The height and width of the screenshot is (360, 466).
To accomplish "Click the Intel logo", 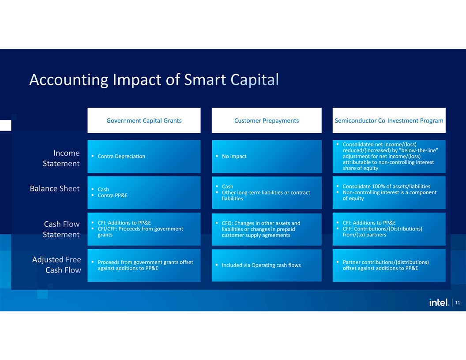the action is (x=439, y=302).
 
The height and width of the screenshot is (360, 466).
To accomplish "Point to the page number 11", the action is (x=457, y=303).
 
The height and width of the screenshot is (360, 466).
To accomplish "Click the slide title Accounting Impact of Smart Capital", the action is (x=154, y=79).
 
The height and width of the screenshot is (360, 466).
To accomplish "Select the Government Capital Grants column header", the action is (x=144, y=120).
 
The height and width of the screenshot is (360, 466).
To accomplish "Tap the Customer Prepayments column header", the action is (x=267, y=120).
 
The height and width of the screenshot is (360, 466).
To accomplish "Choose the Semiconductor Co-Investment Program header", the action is (x=389, y=120).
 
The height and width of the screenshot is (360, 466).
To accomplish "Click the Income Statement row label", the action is (x=61, y=158).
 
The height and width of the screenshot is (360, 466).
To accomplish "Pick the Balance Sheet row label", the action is (x=55, y=189).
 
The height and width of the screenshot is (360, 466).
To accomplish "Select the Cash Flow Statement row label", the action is (x=61, y=229).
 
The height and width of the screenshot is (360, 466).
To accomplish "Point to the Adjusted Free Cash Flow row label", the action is (x=56, y=265).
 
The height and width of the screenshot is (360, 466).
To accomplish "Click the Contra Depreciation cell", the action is (x=144, y=157).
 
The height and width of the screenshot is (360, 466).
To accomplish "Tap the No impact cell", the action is (x=267, y=157).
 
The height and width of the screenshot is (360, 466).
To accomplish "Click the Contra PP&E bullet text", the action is (x=113, y=195).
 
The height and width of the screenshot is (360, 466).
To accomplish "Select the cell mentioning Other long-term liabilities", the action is (x=267, y=193).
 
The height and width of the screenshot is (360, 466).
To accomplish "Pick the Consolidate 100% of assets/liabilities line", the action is (x=387, y=187).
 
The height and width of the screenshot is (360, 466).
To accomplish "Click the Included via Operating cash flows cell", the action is (x=267, y=265).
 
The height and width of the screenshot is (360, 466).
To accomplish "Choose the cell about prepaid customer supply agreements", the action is (x=267, y=229).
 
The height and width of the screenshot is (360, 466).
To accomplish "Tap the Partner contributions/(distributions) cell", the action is (x=389, y=265).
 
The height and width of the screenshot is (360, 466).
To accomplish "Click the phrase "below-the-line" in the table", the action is (x=419, y=150).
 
